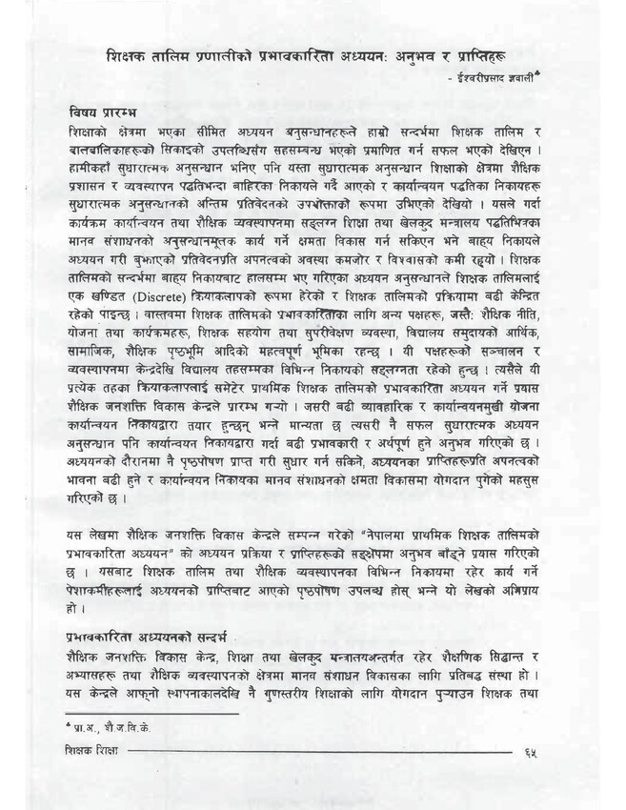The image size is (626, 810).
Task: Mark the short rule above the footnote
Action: click(151, 712)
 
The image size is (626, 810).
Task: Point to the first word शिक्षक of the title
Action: click(129, 59)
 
